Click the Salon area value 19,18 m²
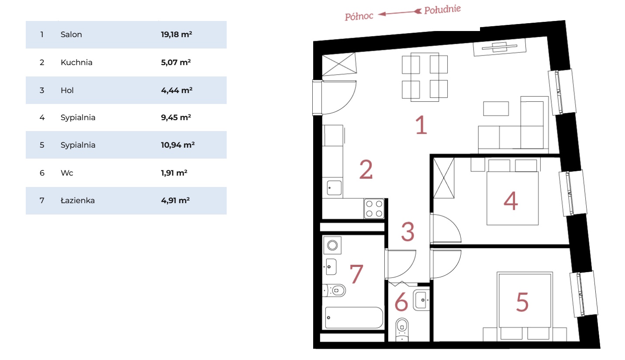176,35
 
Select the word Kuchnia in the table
76,62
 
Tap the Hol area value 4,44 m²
176,90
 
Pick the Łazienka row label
78,200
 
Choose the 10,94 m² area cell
178,145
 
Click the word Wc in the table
67,173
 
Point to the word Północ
359,16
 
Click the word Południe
442,10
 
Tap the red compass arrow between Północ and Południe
400,13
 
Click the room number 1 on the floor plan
421,125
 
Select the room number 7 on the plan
356,273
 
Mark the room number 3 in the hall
407,232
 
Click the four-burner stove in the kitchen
374,208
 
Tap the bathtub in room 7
354,318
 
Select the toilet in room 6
402,329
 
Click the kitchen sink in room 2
334,188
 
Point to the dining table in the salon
425,77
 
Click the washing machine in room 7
332,245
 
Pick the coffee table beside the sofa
496,108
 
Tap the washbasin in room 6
421,300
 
